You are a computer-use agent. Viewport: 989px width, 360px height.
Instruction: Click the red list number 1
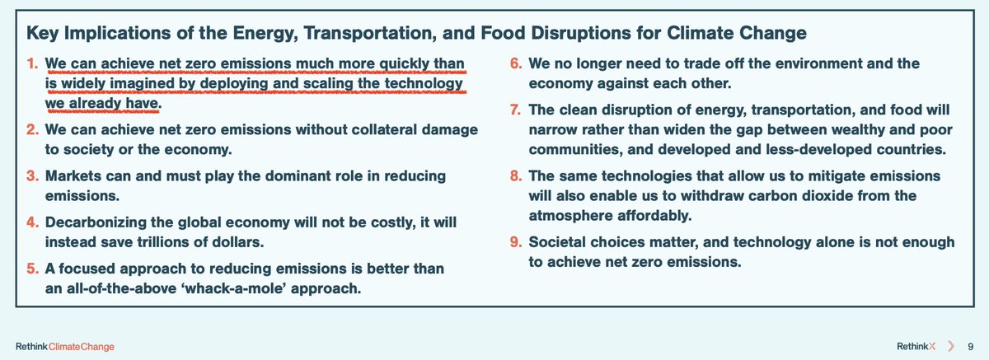tap(32, 63)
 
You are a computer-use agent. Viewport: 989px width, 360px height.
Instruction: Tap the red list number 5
tap(32, 269)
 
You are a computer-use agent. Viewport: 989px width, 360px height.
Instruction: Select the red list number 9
tap(516, 241)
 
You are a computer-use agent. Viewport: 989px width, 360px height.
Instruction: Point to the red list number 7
tap(516, 110)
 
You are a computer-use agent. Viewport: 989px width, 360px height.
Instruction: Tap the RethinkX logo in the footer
tap(916, 346)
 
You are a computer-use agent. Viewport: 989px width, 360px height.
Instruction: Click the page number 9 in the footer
tap(971, 346)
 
